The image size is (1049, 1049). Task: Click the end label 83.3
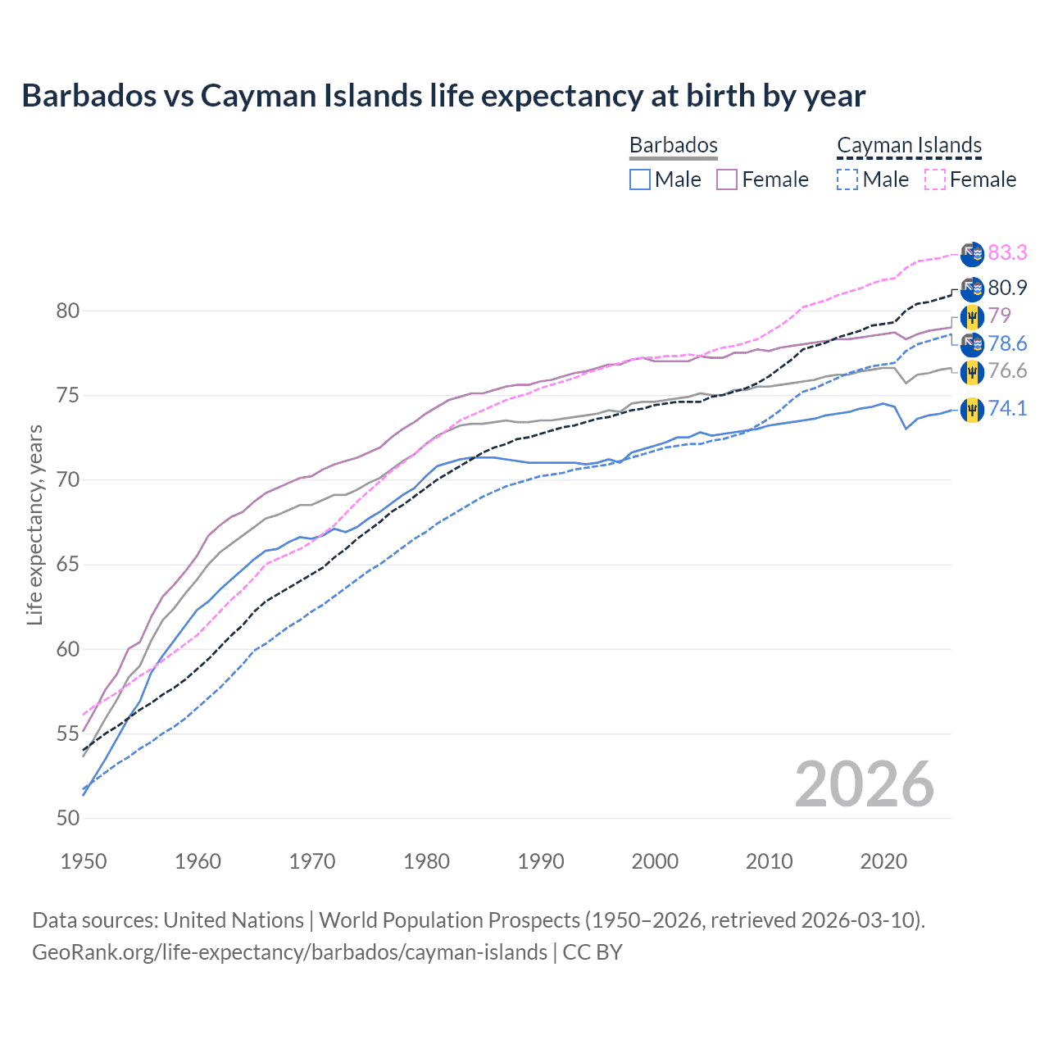pyautogui.click(x=1007, y=252)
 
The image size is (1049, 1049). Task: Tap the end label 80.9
pyautogui.click(x=1007, y=288)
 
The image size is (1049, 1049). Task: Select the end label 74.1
pyautogui.click(x=1007, y=408)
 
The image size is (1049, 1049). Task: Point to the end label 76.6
pyautogui.click(x=1007, y=370)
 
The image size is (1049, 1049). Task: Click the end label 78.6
pyautogui.click(x=1007, y=343)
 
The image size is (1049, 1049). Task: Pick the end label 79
pyautogui.click(x=999, y=316)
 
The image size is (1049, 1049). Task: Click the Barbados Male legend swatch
pyautogui.click(x=640, y=179)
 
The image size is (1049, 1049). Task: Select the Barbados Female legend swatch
pyautogui.click(x=727, y=179)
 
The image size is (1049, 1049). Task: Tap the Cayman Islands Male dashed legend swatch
pyautogui.click(x=847, y=179)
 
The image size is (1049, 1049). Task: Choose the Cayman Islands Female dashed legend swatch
pyautogui.click(x=935, y=179)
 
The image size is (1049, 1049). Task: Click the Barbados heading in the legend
pyautogui.click(x=674, y=145)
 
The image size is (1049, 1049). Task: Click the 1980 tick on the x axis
pyautogui.click(x=427, y=861)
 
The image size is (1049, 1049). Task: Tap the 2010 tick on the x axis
pyautogui.click(x=770, y=861)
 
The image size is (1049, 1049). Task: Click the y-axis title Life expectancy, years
pyautogui.click(x=34, y=524)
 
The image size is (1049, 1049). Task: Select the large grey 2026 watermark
pyautogui.click(x=865, y=785)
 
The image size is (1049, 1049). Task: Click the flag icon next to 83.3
pyautogui.click(x=972, y=254)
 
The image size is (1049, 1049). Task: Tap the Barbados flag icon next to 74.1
pyautogui.click(x=972, y=409)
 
